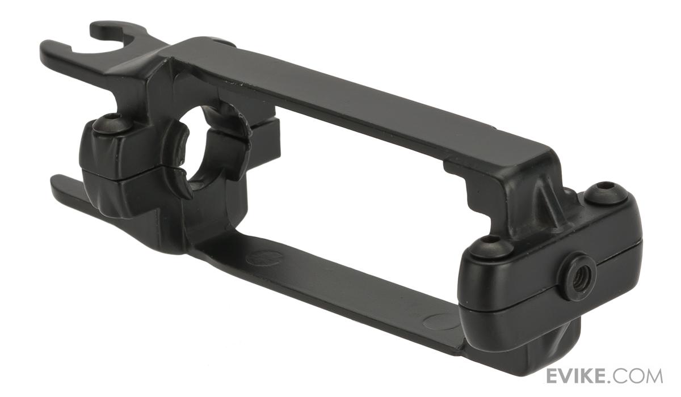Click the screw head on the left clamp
point(113,124)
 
